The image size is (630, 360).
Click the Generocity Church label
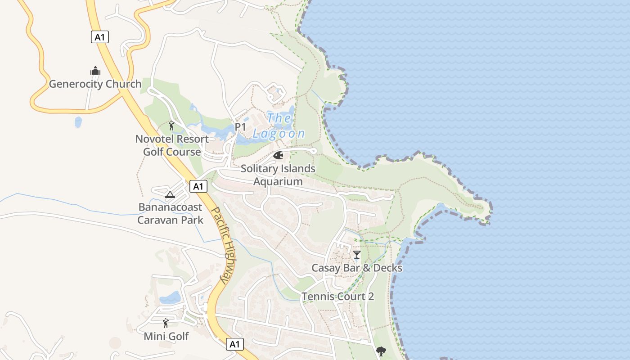click(x=95, y=84)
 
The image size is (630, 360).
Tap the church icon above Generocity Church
click(x=95, y=71)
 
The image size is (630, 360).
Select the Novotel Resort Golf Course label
click(x=172, y=145)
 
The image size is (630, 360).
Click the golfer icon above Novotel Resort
click(x=171, y=126)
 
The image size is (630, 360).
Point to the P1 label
click(x=240, y=127)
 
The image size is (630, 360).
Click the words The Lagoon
click(x=279, y=126)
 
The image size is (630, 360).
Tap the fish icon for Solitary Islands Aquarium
click(x=278, y=156)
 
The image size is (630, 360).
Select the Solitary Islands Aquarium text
click(x=278, y=175)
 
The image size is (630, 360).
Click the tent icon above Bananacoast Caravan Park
click(x=170, y=195)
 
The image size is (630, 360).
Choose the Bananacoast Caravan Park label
click(x=170, y=214)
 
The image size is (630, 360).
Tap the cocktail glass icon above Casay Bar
click(x=357, y=255)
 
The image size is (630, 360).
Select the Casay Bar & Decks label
click(x=357, y=268)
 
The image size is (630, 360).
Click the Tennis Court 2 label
click(x=337, y=297)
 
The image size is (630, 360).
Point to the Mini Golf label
click(x=166, y=337)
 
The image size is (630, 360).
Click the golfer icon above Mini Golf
click(x=166, y=323)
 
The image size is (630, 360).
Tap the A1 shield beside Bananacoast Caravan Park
click(x=198, y=186)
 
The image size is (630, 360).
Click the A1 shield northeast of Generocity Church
click(x=100, y=37)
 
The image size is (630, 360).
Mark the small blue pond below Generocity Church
click(x=78, y=122)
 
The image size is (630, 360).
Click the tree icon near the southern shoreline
click(x=381, y=351)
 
